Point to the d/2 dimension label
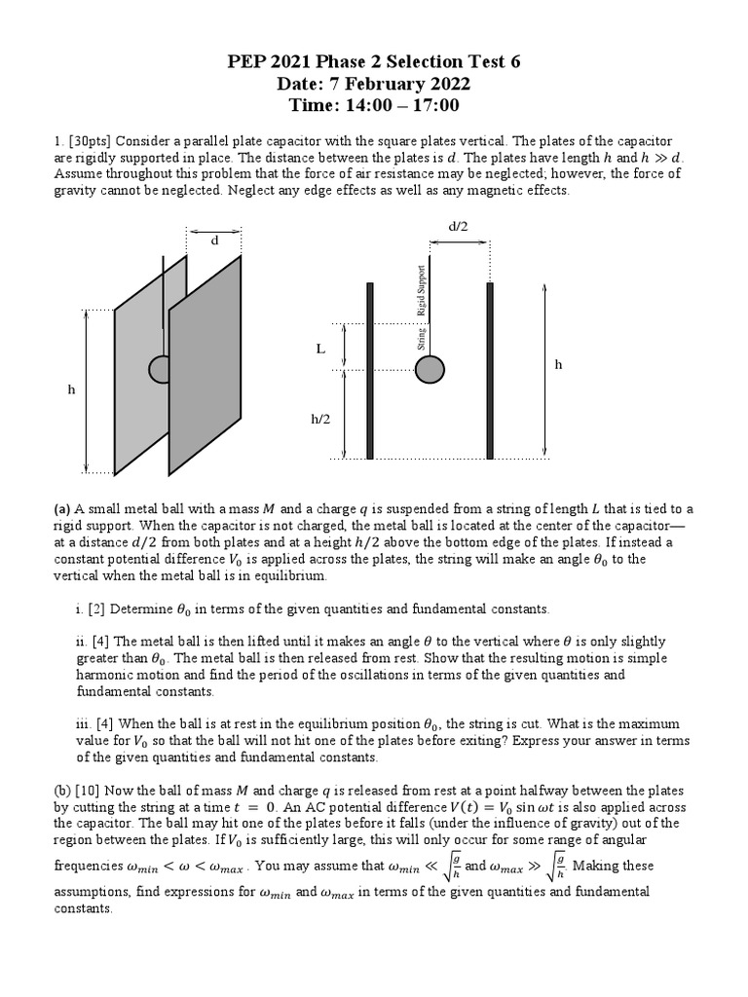(458, 226)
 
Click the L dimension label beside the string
(319, 349)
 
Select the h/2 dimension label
(320, 419)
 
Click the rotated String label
(421, 338)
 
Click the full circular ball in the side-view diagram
(430, 369)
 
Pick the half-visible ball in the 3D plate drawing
(158, 368)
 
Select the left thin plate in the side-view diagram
(370, 370)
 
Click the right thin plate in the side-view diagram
(490, 370)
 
